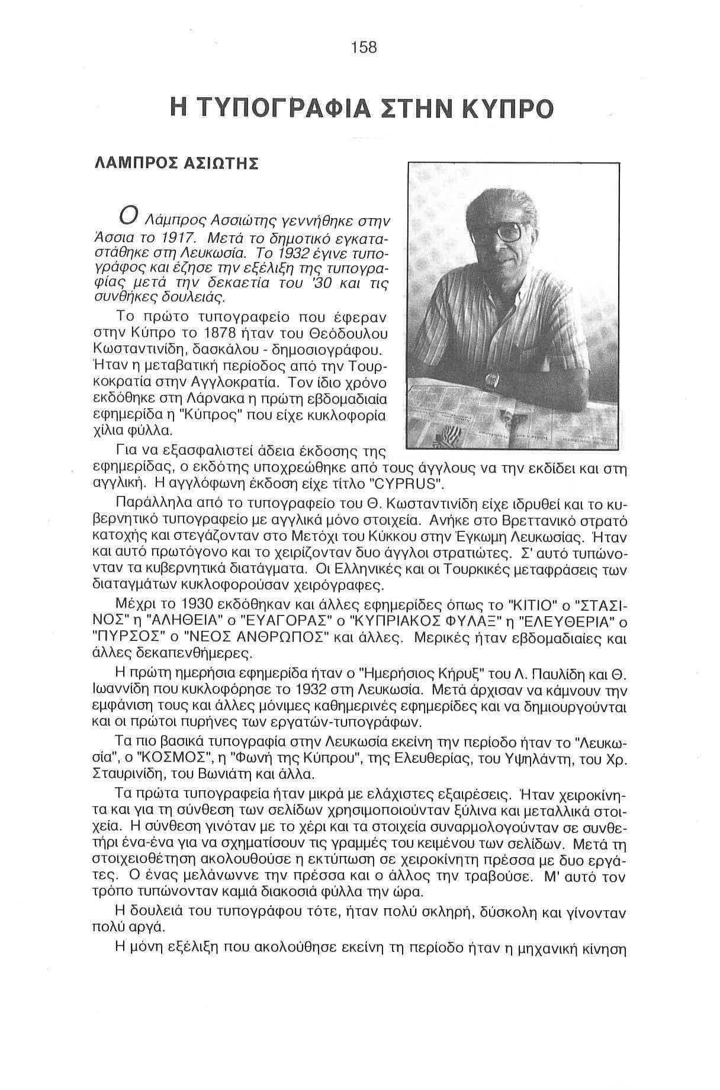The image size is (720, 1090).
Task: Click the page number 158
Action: point(364,47)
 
